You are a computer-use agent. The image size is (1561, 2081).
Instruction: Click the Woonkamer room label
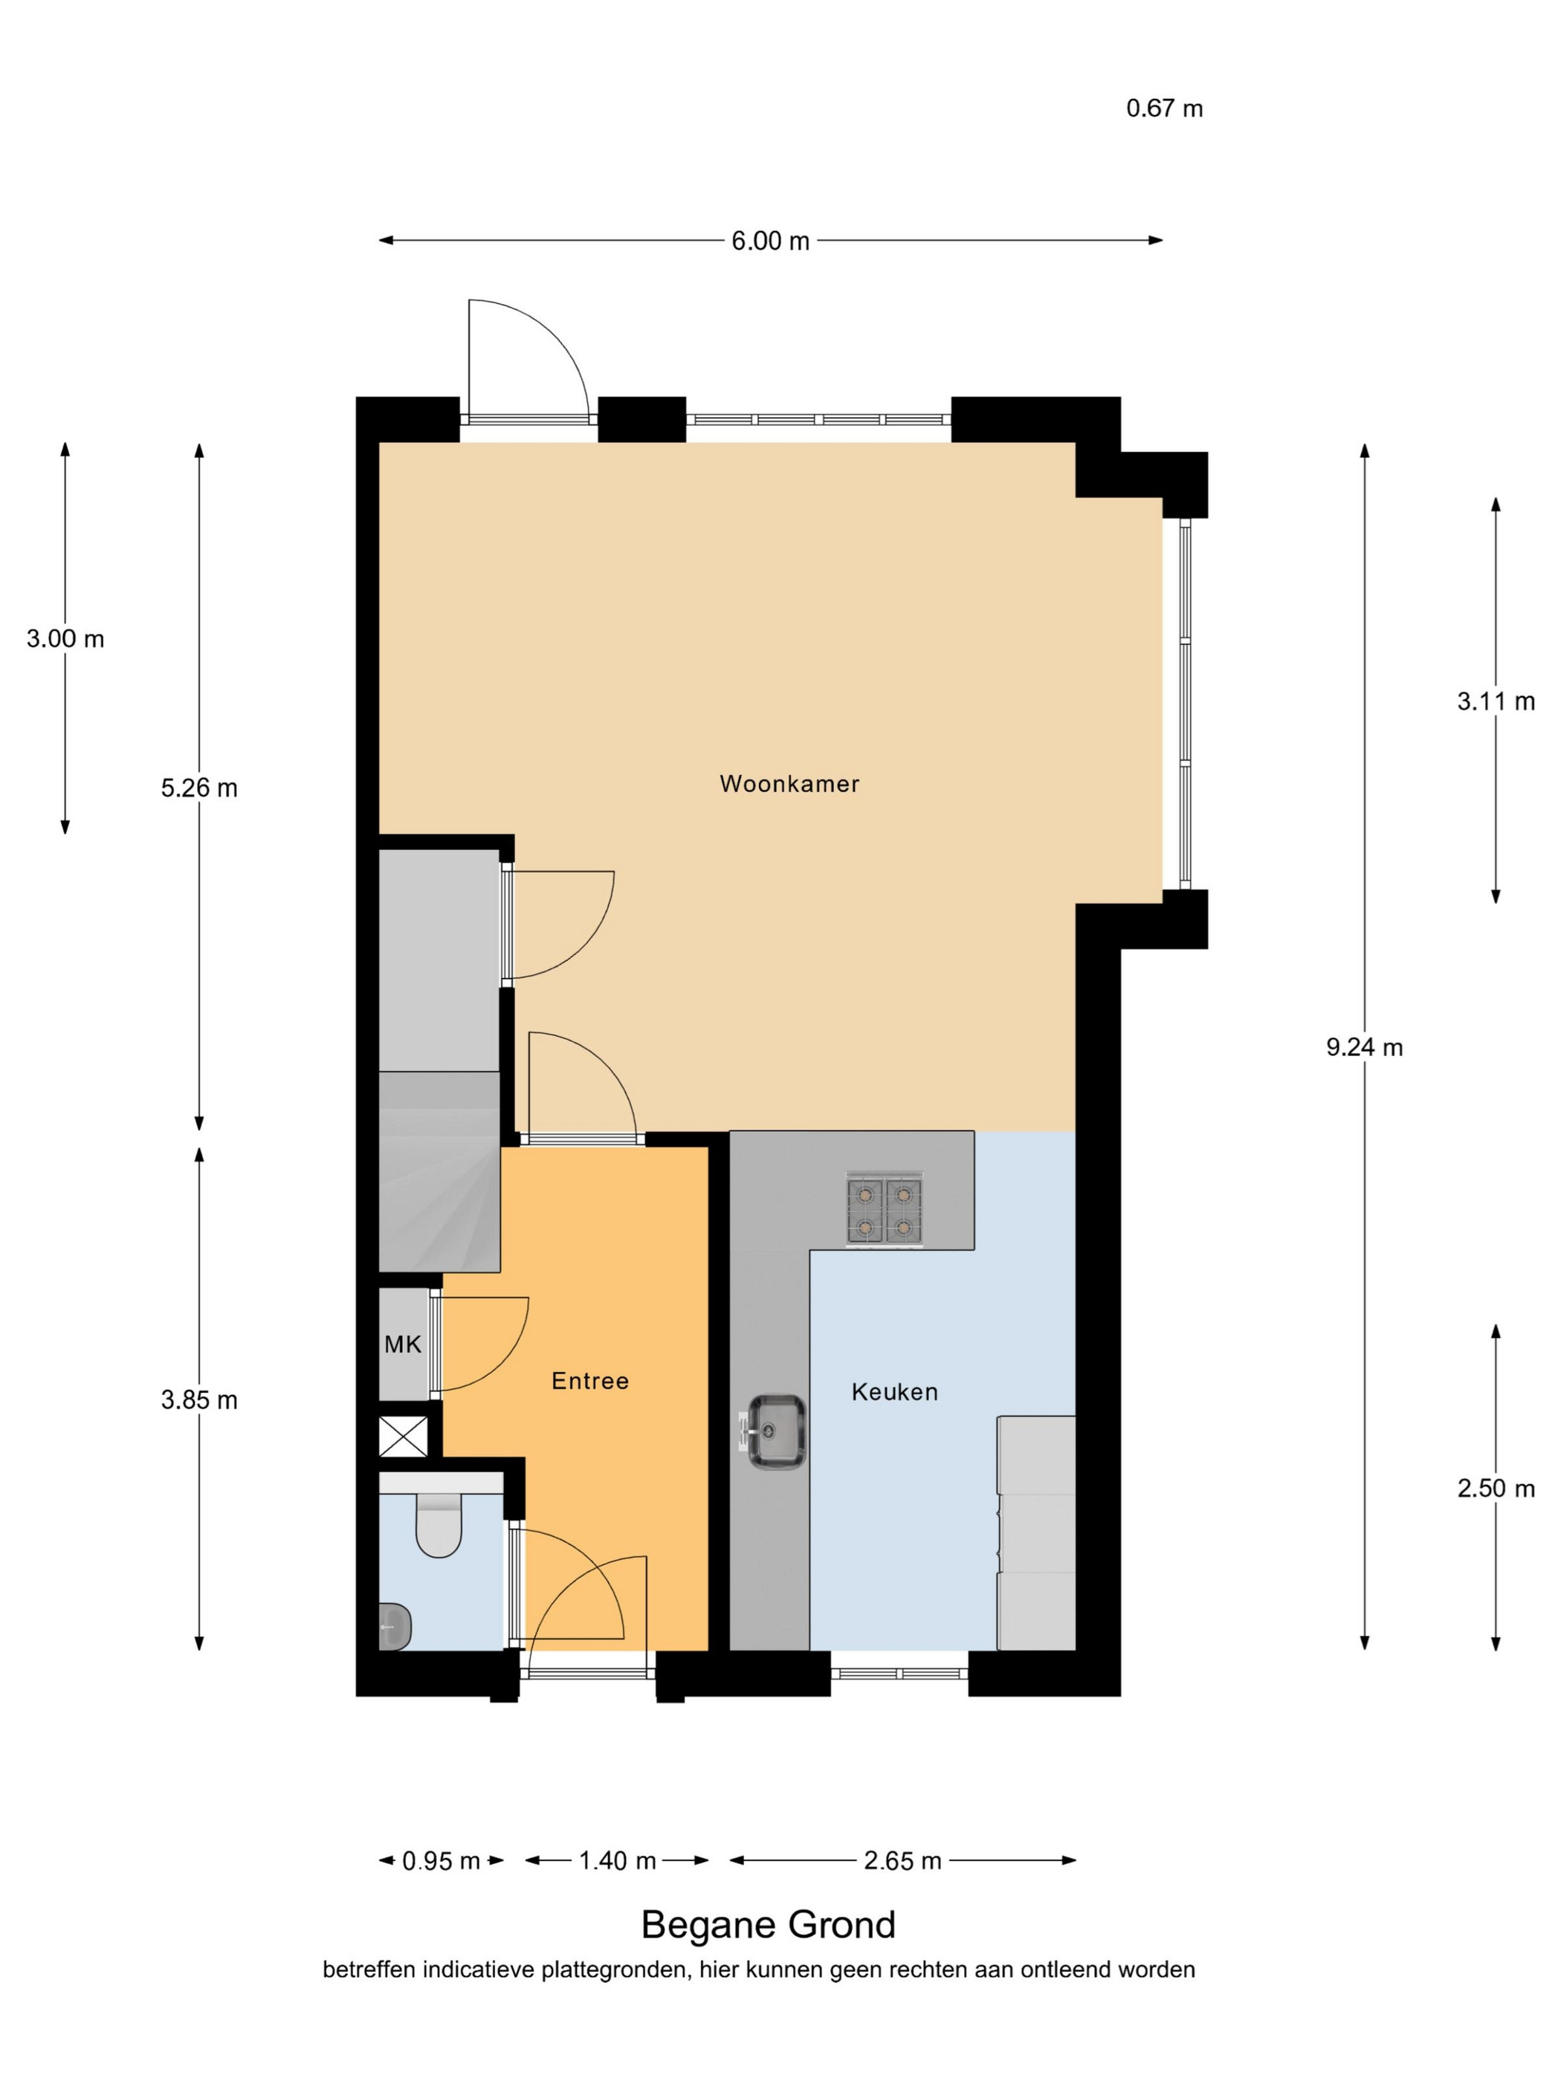[x=789, y=783]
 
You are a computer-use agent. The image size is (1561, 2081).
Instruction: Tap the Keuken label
[x=895, y=1392]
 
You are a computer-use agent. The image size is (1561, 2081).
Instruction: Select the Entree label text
[x=590, y=1381]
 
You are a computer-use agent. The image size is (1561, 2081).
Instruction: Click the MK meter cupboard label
[x=403, y=1345]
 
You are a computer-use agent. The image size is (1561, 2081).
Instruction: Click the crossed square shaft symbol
[x=403, y=1437]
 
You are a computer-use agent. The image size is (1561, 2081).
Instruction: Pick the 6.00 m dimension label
[x=771, y=242]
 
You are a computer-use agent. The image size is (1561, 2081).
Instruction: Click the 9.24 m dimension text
[x=1364, y=1047]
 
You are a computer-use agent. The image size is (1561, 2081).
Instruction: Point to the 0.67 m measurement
[x=1165, y=109]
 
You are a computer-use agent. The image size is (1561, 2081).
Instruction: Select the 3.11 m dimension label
[x=1496, y=701]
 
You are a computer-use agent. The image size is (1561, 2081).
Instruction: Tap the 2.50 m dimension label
[x=1496, y=1489]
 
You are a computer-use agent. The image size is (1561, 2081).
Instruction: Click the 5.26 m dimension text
[x=199, y=789]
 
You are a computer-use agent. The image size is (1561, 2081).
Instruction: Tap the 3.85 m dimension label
[x=199, y=1401]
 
